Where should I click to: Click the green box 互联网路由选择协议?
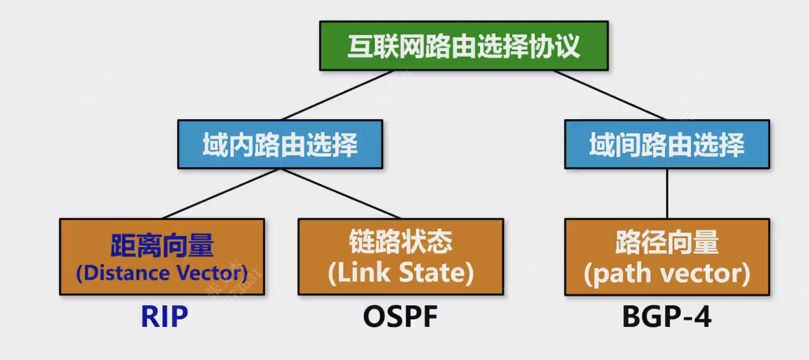[464, 46]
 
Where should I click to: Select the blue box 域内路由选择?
[280, 144]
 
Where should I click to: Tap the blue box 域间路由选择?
[667, 144]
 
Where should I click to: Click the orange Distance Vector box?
[162, 256]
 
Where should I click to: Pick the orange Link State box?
[401, 256]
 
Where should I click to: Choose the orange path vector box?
[667, 256]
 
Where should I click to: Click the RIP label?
[164, 316]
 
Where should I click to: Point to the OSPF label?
[400, 316]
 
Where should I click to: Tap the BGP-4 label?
[667, 316]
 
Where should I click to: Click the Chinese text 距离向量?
[162, 246]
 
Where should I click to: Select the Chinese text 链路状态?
[401, 241]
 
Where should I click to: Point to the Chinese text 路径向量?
[667, 241]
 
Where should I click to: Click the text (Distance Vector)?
[162, 273]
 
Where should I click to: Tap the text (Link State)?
[401, 273]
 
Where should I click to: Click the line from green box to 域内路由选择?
[338, 95]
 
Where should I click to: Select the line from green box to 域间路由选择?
[609, 95]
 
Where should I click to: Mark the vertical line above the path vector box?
[667, 193]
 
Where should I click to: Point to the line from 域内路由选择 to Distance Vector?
[221, 193]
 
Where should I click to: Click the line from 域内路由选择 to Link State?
[340, 193]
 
